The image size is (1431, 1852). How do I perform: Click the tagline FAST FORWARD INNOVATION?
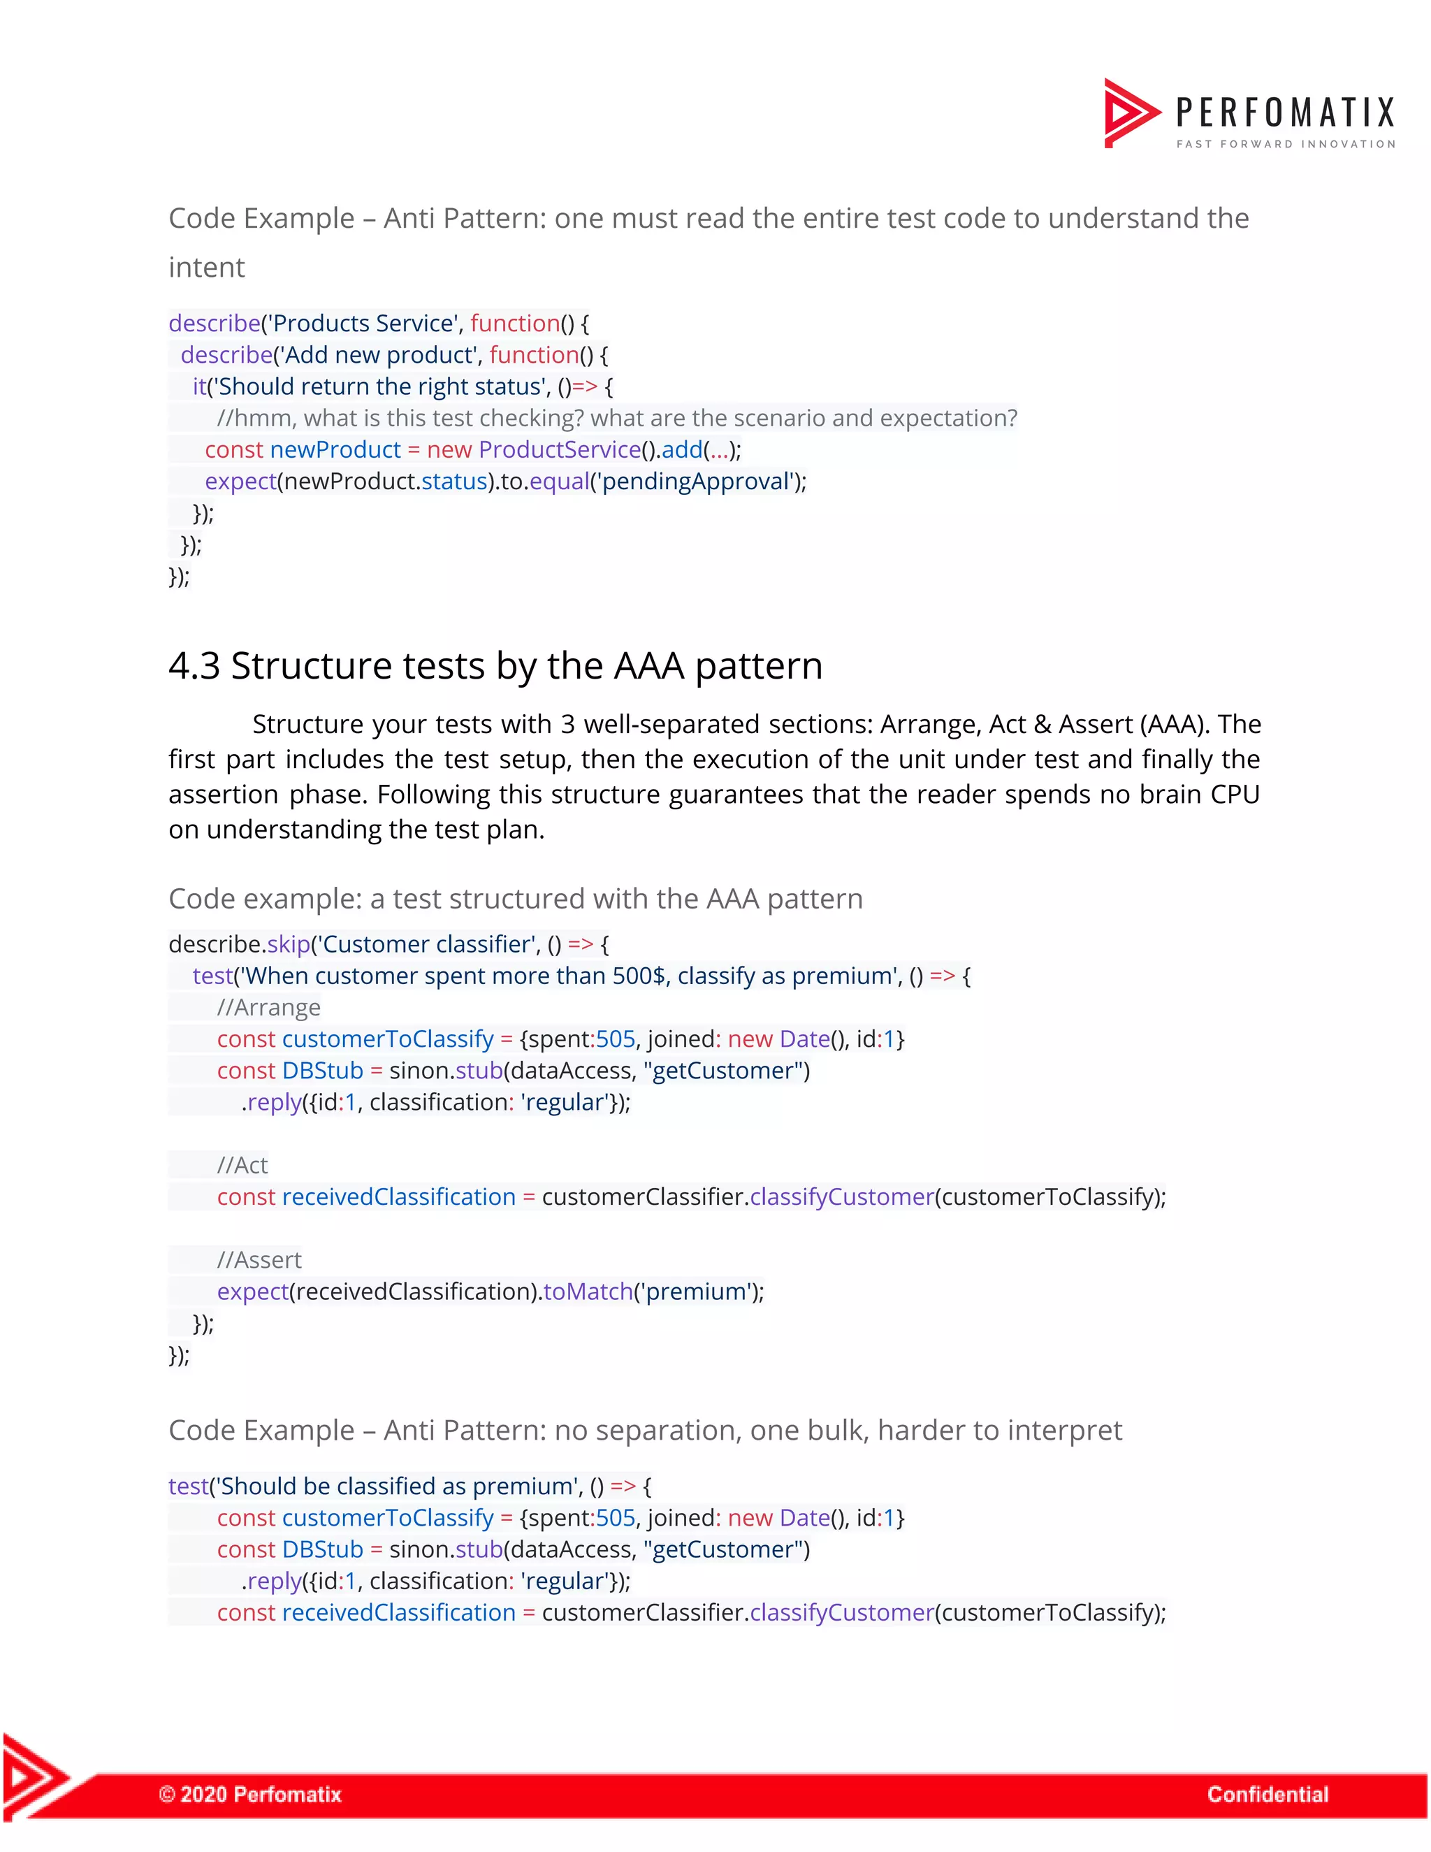[x=1285, y=144]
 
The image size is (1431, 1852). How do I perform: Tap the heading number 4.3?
[x=194, y=665]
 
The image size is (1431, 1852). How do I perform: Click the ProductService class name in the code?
[x=560, y=449]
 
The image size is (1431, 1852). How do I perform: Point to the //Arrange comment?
[x=269, y=1007]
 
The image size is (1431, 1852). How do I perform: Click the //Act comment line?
[x=242, y=1165]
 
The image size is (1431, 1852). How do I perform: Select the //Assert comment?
[x=259, y=1260]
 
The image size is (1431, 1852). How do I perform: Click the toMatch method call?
[x=588, y=1292]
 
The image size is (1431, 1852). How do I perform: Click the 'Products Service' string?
[x=362, y=323]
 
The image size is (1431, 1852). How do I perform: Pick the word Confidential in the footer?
[x=1267, y=1793]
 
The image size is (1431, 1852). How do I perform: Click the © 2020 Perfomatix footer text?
[x=250, y=1793]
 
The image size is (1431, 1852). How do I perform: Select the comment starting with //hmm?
[x=616, y=418]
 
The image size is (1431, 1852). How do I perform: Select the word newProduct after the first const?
[x=335, y=449]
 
